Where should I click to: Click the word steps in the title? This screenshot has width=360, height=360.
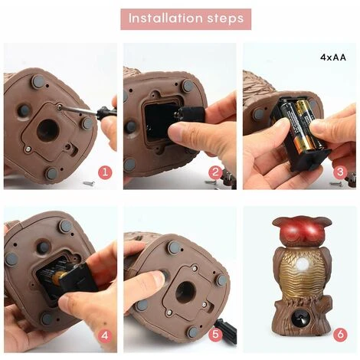[x=225, y=19]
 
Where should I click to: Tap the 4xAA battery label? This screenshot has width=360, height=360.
[x=333, y=57]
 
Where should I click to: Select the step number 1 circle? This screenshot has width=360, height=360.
[x=105, y=172]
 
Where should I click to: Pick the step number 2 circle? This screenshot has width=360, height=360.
[x=216, y=172]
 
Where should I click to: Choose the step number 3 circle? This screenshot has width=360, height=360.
[x=340, y=172]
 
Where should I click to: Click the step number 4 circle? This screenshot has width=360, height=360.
[x=105, y=335]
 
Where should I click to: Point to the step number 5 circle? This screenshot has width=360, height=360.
[x=216, y=335]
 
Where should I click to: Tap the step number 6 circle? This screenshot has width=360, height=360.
[x=340, y=334]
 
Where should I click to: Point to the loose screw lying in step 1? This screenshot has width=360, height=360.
[x=90, y=183]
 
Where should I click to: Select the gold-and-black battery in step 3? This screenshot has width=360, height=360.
[x=304, y=124]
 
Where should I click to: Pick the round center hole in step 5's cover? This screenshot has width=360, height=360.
[x=185, y=292]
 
